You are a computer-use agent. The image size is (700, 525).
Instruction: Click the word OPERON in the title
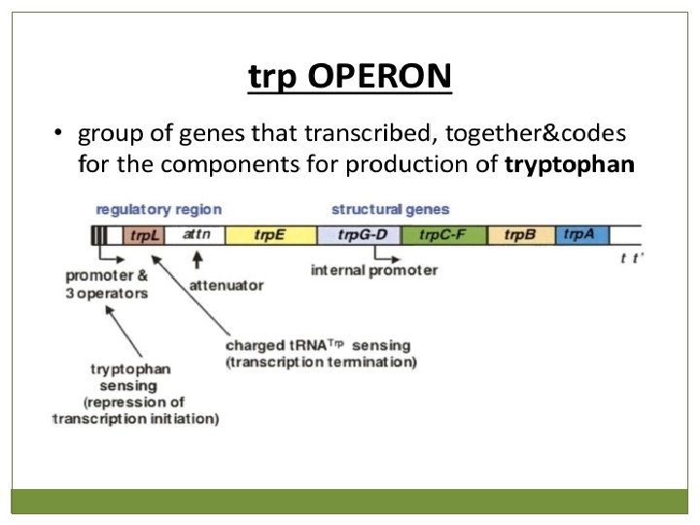[x=379, y=76]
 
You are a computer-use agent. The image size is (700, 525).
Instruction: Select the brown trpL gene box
[x=144, y=235]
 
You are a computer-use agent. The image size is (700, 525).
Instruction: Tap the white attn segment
[x=195, y=235]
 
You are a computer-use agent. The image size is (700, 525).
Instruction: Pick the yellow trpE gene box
[x=271, y=235]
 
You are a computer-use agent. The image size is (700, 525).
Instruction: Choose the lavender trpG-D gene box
[x=360, y=235]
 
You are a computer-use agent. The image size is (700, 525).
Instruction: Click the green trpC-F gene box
[x=444, y=235]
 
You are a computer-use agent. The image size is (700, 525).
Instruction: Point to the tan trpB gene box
[x=521, y=235]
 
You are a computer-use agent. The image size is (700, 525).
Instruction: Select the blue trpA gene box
[x=582, y=235]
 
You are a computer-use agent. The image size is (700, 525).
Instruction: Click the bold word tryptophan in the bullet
[x=569, y=165]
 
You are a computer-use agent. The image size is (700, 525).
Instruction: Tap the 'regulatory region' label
[x=158, y=210]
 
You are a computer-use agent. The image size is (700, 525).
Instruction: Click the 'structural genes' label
[x=390, y=209]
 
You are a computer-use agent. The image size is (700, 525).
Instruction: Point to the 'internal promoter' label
[x=374, y=270]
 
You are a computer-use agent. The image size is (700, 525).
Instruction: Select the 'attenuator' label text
[x=227, y=286]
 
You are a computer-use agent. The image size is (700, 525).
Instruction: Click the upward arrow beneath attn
[x=197, y=260]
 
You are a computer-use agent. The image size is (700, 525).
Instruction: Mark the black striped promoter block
[x=98, y=235]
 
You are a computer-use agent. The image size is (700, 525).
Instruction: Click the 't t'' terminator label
[x=632, y=259]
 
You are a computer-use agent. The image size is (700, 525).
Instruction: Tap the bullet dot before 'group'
[x=57, y=132]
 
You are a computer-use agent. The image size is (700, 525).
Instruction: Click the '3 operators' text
[x=107, y=294]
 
